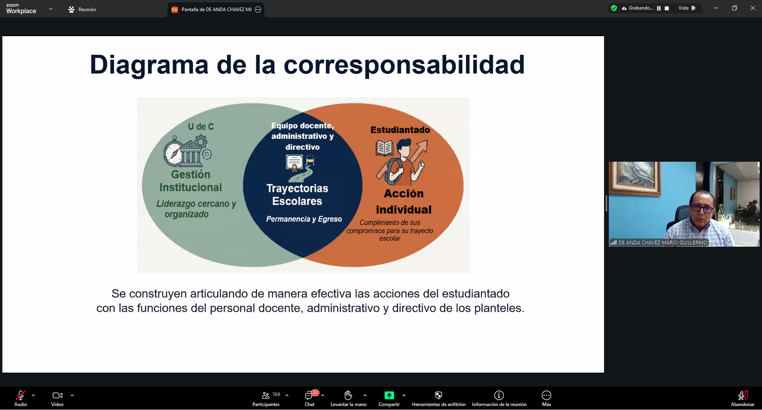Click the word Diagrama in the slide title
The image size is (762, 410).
pyautogui.click(x=149, y=65)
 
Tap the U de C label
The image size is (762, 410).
pyautogui.click(x=201, y=127)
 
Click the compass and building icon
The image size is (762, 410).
pyautogui.click(x=188, y=151)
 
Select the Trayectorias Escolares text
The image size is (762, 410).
pyautogui.click(x=297, y=195)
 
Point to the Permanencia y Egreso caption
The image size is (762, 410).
pyautogui.click(x=304, y=219)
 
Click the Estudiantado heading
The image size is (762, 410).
pyautogui.click(x=400, y=130)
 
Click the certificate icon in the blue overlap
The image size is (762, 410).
pyautogui.click(x=294, y=163)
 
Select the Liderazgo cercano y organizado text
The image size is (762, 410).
pyautogui.click(x=196, y=209)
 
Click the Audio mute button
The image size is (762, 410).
pyautogui.click(x=21, y=398)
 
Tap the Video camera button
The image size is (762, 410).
pyautogui.click(x=58, y=398)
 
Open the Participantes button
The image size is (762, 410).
pyautogui.click(x=266, y=398)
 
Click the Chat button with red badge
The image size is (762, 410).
pyautogui.click(x=310, y=398)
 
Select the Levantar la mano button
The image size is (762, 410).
pyautogui.click(x=348, y=398)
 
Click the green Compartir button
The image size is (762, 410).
pyautogui.click(x=389, y=398)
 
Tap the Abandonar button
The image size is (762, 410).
pyautogui.click(x=743, y=398)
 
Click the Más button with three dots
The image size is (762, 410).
pyautogui.click(x=546, y=398)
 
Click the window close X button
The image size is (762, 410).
pyautogui.click(x=752, y=8)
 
